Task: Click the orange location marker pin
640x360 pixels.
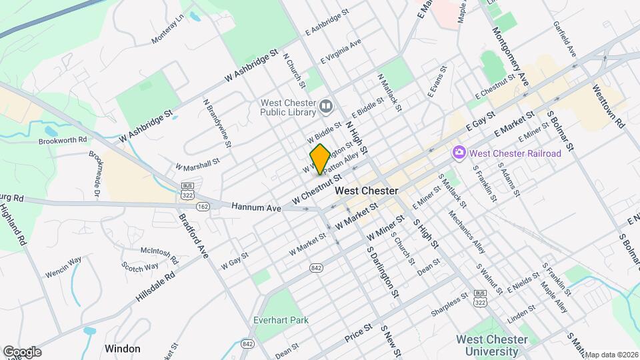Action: coord(319,159)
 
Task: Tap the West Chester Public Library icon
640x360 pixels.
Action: coord(326,106)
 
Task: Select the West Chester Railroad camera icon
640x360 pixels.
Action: coord(459,153)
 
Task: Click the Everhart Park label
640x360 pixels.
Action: coord(281,320)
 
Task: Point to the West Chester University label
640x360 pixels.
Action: coord(491,345)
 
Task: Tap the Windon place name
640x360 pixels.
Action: coord(123,349)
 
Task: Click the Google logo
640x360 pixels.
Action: coord(22,351)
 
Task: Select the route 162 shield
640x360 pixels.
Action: coord(203,207)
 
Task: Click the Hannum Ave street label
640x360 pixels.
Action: coord(256,208)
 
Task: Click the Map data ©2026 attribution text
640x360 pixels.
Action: coord(611,354)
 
